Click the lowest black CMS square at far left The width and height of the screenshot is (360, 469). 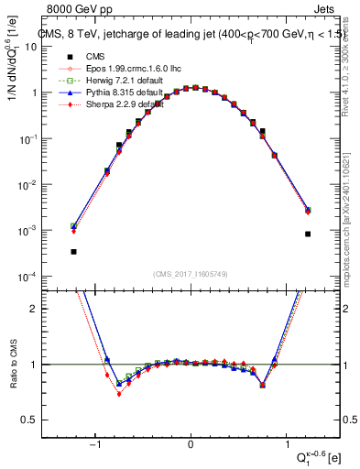click(73, 251)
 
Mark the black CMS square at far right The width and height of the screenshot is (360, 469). click(308, 234)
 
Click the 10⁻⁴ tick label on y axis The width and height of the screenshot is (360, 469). click(27, 277)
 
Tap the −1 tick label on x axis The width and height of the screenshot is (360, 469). click(94, 445)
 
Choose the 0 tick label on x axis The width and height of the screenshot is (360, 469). click(190, 445)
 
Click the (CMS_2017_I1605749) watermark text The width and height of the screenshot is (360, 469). click(190, 275)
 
